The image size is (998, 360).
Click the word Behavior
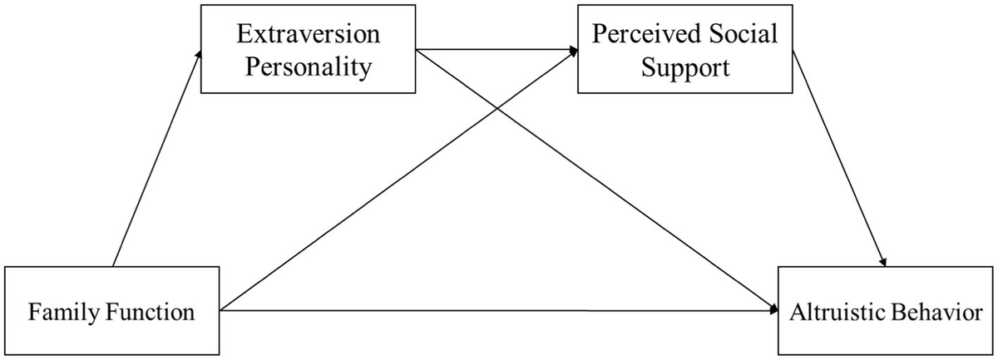pyautogui.click(x=936, y=313)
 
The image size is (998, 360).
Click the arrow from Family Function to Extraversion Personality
pyautogui.click(x=156, y=158)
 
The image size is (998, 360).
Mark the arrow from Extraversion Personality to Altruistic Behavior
pyautogui.click(x=632, y=200)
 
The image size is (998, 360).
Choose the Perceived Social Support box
pyautogui.click(x=685, y=51)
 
